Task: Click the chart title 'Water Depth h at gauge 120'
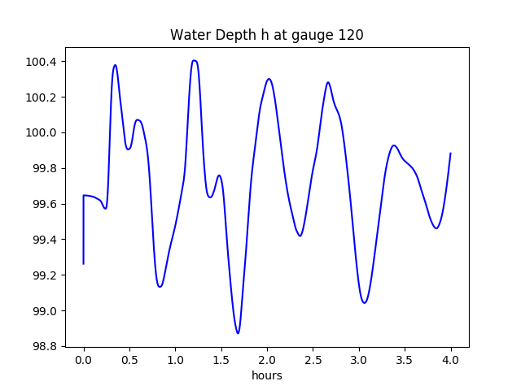pyautogui.click(x=266, y=35)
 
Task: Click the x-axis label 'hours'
pyautogui.click(x=266, y=376)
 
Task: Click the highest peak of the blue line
pyautogui.click(x=194, y=60)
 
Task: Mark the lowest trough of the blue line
pyautogui.click(x=238, y=333)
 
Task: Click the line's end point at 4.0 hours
pyautogui.click(x=450, y=154)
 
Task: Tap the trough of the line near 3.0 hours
pyautogui.click(x=365, y=303)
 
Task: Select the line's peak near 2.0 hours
pyautogui.click(x=269, y=79)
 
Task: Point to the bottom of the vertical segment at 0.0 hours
pyautogui.click(x=84, y=263)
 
